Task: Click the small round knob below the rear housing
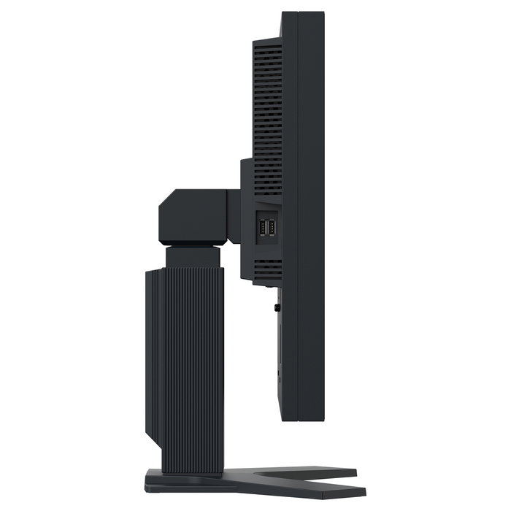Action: pos(277,307)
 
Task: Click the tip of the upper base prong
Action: pos(353,473)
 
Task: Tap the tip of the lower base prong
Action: pos(353,493)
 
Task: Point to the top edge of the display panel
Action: pos(302,12)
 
